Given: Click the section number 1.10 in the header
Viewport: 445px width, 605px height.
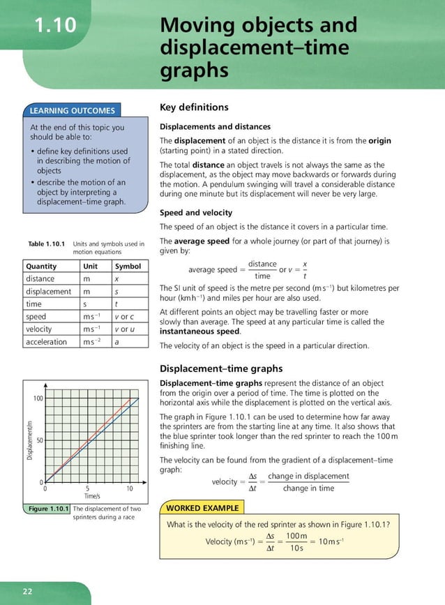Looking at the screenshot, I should click(x=55, y=26).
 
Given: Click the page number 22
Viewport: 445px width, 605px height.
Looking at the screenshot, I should click(x=28, y=591).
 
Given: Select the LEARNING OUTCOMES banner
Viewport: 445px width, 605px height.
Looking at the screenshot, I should click(x=72, y=110).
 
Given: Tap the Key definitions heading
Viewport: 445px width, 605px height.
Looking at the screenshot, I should click(x=194, y=107).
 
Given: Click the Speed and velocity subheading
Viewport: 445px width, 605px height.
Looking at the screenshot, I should click(x=196, y=212).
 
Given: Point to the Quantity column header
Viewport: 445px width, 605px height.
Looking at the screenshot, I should click(x=41, y=266).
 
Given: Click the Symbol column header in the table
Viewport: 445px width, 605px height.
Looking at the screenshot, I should click(x=128, y=266).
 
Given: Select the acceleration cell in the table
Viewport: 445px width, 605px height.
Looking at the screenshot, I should click(x=46, y=342).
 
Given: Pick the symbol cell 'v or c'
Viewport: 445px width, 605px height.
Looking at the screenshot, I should click(x=123, y=317).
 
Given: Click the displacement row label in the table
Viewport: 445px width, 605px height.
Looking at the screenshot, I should click(x=48, y=291).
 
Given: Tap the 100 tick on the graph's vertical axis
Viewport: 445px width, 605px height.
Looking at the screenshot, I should click(x=38, y=398).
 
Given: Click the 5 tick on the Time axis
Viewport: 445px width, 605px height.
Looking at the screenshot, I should click(x=87, y=488).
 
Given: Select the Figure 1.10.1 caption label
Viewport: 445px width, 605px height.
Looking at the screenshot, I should click(x=47, y=509).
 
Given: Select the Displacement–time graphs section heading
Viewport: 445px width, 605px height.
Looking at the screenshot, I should click(x=221, y=368).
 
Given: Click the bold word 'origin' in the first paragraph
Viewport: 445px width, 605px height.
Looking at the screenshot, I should click(x=379, y=140).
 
